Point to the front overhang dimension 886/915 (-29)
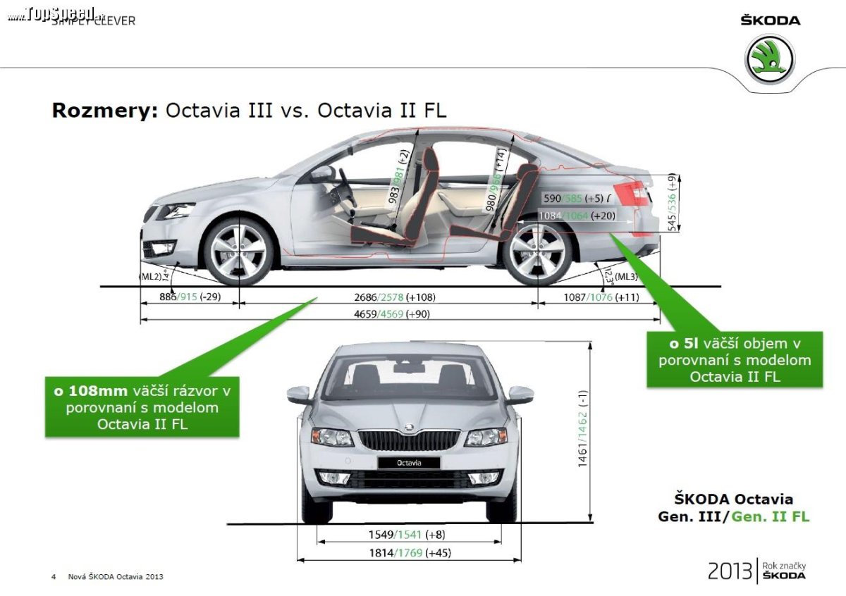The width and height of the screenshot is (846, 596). point(190,297)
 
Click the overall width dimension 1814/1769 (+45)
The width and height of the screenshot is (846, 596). point(408,553)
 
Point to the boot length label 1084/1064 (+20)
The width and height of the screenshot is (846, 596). point(575,216)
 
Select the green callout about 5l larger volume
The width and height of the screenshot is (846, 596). point(735,359)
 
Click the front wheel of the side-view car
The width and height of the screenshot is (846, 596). point(239,252)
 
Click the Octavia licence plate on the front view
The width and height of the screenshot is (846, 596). point(408,463)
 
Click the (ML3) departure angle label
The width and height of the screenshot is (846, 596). point(626,277)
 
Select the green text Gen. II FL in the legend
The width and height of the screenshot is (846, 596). point(770,516)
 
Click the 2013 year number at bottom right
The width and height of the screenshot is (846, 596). point(730,571)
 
